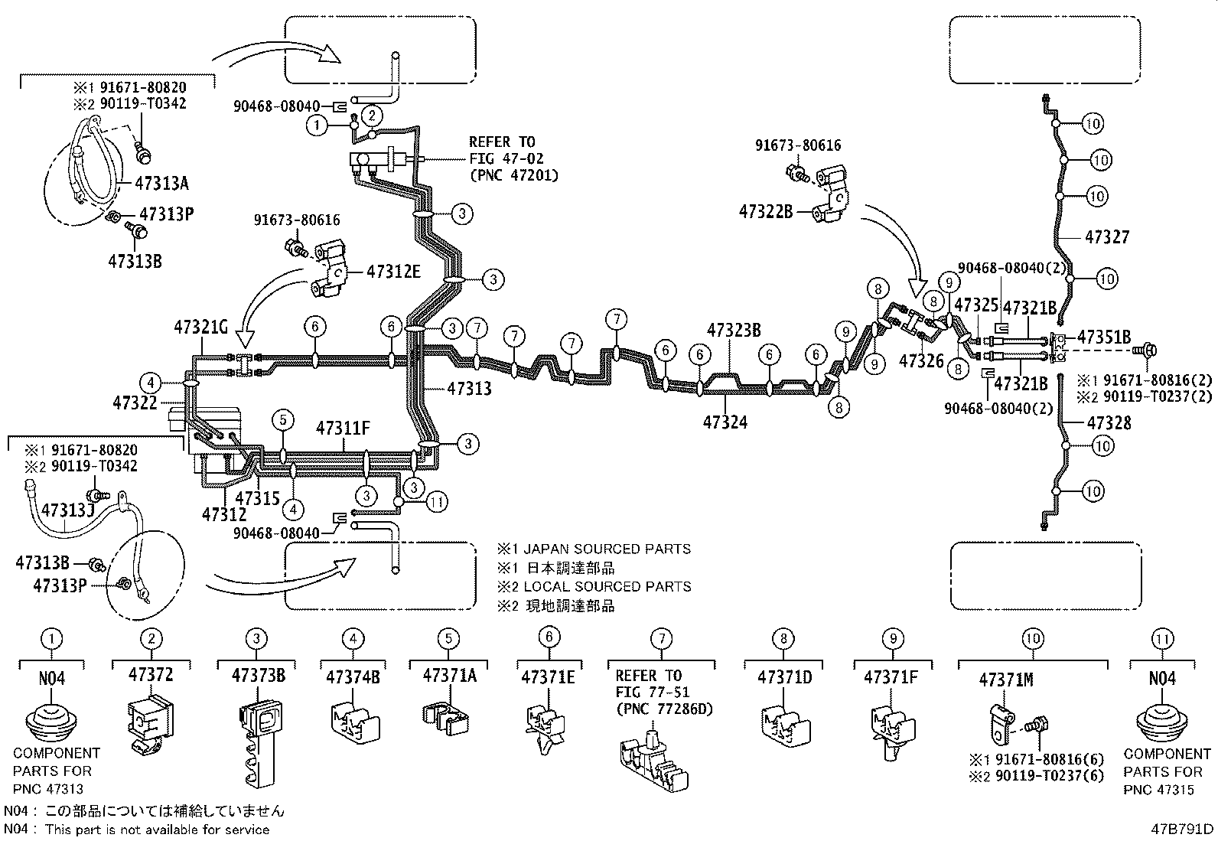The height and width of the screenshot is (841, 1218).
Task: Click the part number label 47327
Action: click(x=1106, y=237)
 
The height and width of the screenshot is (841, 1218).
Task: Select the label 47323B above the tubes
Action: click(x=734, y=331)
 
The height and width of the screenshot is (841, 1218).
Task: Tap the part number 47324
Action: click(x=725, y=422)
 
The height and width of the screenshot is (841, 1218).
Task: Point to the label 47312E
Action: click(x=393, y=272)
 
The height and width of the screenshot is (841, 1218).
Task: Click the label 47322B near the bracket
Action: click(x=766, y=211)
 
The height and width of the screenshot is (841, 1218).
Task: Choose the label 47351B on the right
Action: click(x=1104, y=337)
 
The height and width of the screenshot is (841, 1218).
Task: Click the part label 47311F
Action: click(x=343, y=429)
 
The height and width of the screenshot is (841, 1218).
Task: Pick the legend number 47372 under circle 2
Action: click(x=151, y=675)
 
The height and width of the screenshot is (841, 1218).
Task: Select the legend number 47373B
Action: click(x=259, y=676)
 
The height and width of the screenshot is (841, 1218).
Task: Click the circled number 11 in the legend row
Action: click(x=1162, y=638)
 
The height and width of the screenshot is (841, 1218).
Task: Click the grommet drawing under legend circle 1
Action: click(x=51, y=723)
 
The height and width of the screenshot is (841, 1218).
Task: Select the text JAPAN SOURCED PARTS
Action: click(x=607, y=549)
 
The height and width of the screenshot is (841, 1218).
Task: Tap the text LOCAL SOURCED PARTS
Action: click(x=607, y=587)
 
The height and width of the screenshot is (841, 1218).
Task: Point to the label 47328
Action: click(x=1109, y=423)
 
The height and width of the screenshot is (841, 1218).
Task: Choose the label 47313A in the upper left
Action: click(x=161, y=184)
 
